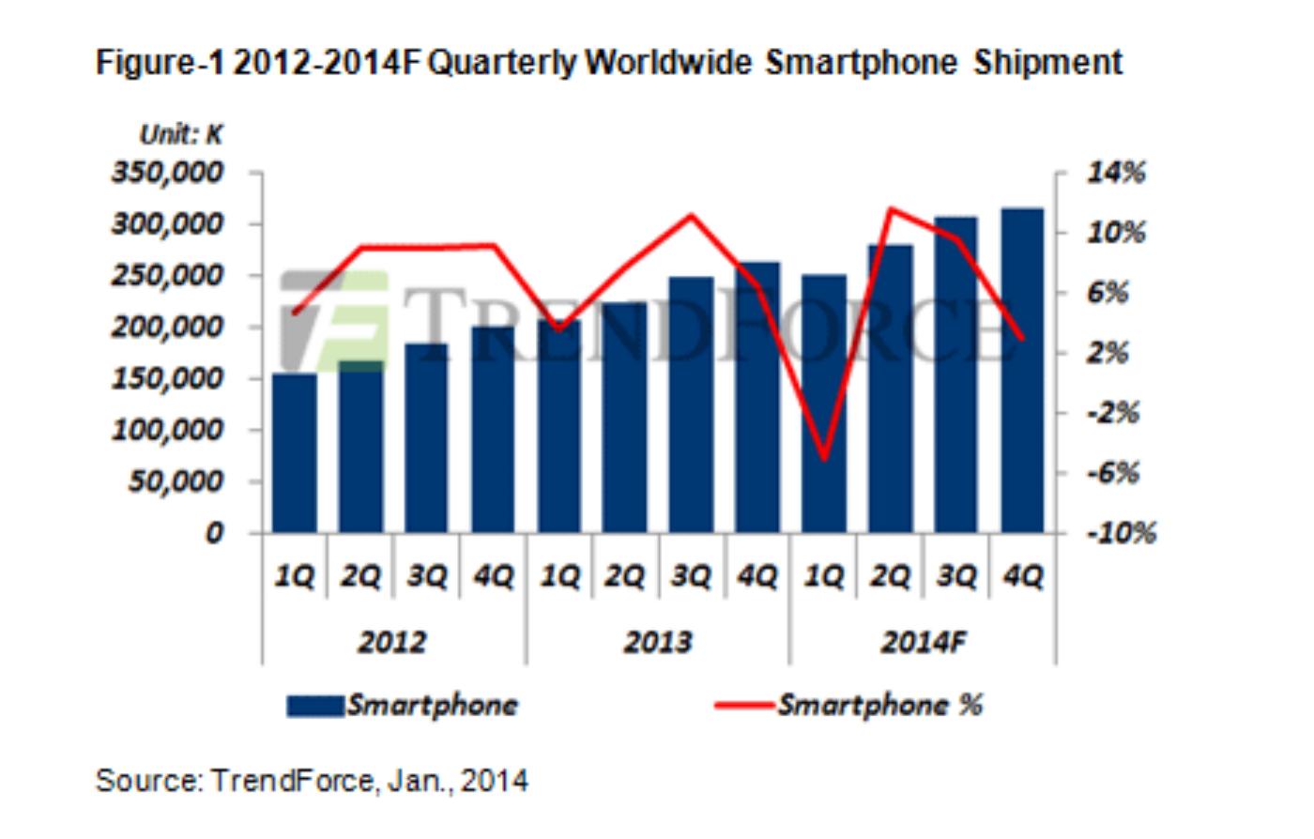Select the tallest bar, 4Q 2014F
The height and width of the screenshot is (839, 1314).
[1023, 371]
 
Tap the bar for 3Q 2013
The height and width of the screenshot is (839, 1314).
[692, 404]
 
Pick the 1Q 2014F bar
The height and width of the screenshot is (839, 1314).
[824, 404]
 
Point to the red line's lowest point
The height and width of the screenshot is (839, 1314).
[824, 459]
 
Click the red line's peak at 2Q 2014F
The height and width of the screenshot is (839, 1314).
[891, 209]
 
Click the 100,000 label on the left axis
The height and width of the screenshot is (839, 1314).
[169, 431]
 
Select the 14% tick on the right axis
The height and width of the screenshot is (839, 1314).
[1117, 173]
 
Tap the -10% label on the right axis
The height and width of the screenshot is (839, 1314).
[1121, 534]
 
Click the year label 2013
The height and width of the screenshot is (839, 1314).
[658, 643]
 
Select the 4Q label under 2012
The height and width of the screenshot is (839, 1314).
[494, 576]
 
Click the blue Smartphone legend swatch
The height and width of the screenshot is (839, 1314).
[314, 706]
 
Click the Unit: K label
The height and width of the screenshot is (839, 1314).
[181, 135]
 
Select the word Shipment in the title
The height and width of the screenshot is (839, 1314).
[1047, 63]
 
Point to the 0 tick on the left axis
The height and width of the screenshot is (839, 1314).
[215, 534]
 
